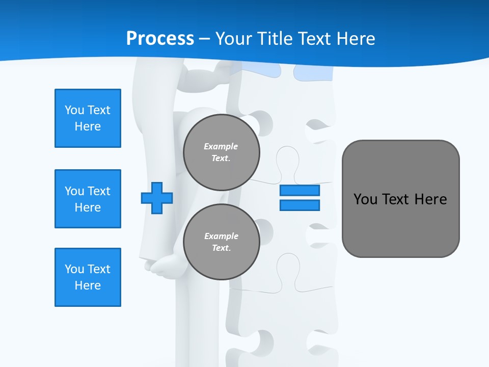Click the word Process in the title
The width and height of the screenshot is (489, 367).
(x=160, y=39)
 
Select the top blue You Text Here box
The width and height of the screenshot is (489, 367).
(x=88, y=118)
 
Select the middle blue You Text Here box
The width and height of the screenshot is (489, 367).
(x=88, y=199)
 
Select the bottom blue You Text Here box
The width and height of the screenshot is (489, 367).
(x=88, y=277)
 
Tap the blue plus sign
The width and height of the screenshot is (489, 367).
(x=157, y=197)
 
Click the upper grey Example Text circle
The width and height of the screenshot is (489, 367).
(x=222, y=152)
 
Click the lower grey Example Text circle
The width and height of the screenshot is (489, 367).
(x=222, y=242)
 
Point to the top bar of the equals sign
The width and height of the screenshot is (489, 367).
(x=300, y=190)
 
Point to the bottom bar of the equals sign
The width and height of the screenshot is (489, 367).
(x=300, y=205)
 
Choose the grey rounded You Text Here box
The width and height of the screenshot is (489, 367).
(x=400, y=224)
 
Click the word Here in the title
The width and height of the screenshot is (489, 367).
(x=356, y=39)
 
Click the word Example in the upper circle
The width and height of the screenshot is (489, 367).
(x=221, y=146)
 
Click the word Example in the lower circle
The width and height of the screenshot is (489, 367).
(x=221, y=236)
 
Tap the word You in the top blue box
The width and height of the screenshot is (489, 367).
(x=74, y=110)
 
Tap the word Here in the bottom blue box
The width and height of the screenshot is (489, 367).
(x=88, y=285)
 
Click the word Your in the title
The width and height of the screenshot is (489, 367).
(x=235, y=39)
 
